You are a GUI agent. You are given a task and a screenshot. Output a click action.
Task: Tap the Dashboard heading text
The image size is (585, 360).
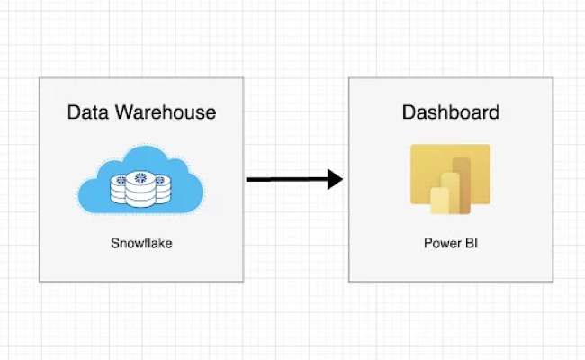(450, 113)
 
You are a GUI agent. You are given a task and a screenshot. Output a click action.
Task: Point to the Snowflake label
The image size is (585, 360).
(141, 243)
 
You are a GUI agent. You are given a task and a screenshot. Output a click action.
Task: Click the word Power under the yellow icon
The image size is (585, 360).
(438, 243)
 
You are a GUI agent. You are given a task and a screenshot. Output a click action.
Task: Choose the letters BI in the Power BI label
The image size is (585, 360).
(469, 243)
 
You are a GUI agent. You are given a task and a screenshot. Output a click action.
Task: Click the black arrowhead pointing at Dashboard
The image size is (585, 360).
(335, 179)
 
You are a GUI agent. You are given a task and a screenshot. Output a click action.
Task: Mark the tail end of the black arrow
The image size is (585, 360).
(249, 179)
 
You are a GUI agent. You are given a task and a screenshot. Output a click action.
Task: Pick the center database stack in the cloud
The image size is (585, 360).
(139, 185)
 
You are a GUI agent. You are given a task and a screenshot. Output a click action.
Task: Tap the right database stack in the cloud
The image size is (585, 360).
(160, 187)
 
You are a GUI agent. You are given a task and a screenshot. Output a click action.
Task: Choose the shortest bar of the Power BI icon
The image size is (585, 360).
(439, 202)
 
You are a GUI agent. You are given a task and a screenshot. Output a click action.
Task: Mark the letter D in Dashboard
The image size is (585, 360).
(409, 113)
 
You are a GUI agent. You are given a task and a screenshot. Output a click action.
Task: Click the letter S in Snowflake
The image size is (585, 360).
(115, 243)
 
